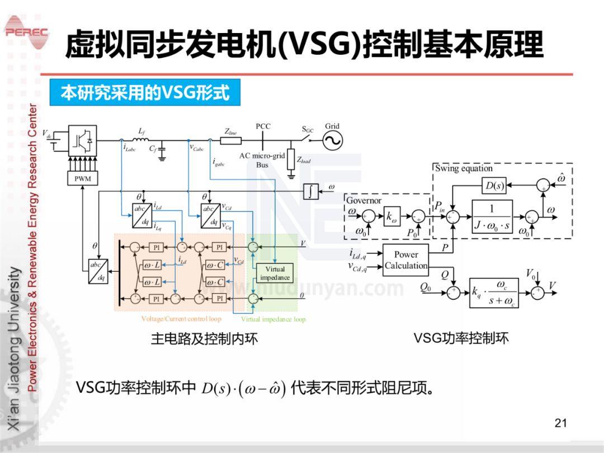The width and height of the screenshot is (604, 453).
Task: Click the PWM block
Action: [x=82, y=178]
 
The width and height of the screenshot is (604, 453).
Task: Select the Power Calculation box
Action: [x=405, y=260]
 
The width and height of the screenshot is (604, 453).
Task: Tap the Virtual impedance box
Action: [x=275, y=273]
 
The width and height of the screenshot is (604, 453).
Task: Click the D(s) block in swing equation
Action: [x=494, y=186]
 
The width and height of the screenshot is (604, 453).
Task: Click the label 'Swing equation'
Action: [x=464, y=168]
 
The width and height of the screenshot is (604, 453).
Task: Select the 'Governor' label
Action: [x=364, y=200]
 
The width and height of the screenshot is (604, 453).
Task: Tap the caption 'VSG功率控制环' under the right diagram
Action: [x=461, y=338]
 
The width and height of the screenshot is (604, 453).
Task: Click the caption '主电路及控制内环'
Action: [x=205, y=339]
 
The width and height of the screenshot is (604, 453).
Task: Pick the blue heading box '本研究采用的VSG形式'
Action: [x=145, y=93]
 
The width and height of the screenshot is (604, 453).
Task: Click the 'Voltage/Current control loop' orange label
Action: [x=181, y=319]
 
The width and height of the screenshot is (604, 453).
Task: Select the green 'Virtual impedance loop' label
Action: [x=273, y=319]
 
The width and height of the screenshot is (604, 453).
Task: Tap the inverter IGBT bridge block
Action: [x=82, y=140]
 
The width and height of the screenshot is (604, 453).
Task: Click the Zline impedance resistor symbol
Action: [x=230, y=140]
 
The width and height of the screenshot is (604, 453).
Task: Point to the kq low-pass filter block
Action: [x=494, y=292]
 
